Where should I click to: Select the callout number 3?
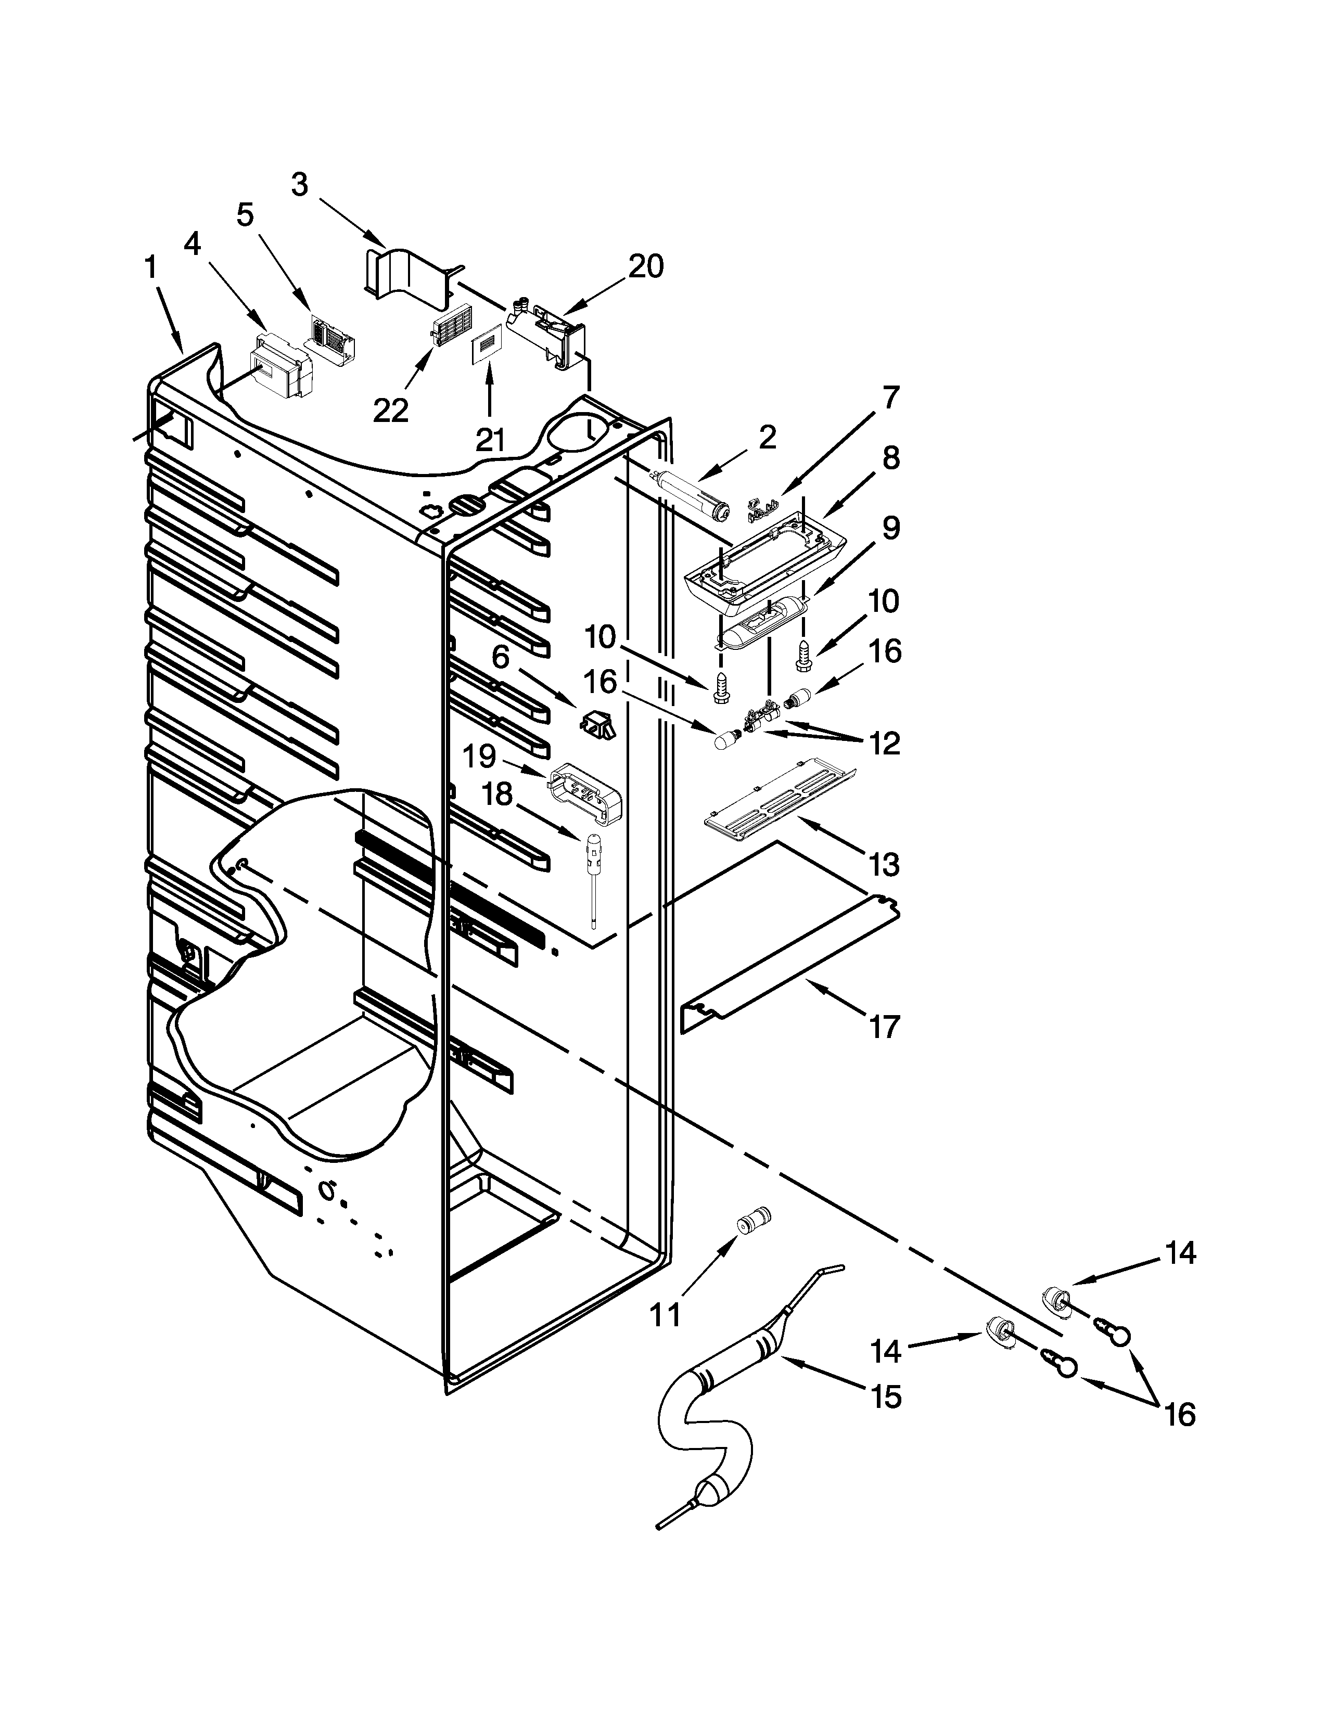coord(300,186)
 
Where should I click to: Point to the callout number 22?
coord(391,411)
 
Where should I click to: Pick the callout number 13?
coord(884,865)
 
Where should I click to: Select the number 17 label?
coord(884,1027)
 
